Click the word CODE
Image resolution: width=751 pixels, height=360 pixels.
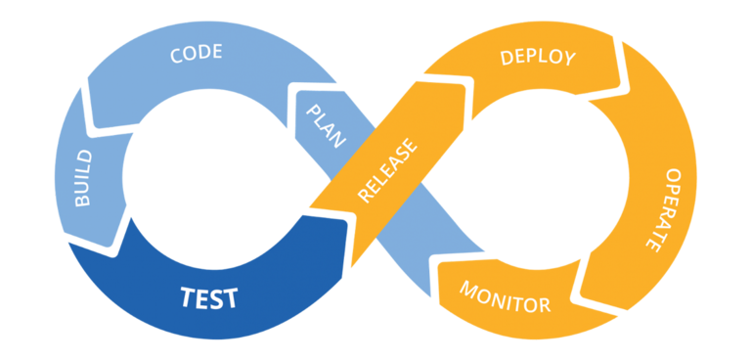198,53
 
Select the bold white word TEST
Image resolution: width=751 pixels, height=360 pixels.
208,296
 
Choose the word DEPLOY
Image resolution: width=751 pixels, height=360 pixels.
537,57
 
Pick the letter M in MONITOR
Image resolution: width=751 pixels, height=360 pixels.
468,290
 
